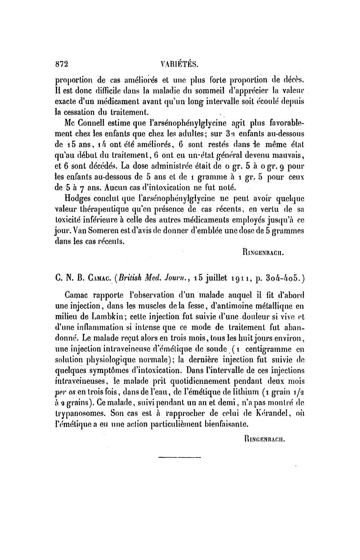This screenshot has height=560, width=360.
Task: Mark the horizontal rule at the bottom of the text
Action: pyautogui.click(x=180, y=458)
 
